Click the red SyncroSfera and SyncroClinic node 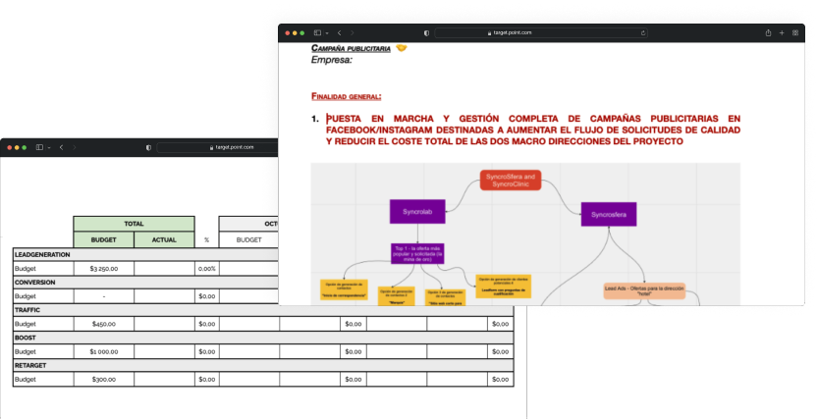511,180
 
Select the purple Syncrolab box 417,212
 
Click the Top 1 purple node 417,252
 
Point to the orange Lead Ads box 644,290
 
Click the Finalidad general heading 346,96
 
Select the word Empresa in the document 331,60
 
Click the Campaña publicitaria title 351,48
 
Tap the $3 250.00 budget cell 103,268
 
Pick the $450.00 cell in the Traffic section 103,324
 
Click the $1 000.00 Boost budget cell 103,351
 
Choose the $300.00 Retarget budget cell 103,379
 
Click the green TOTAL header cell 134,224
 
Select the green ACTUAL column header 164,239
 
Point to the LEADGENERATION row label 42,254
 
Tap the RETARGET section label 30,365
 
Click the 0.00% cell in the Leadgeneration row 206,268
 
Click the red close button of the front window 288,32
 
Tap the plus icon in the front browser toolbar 782,32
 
